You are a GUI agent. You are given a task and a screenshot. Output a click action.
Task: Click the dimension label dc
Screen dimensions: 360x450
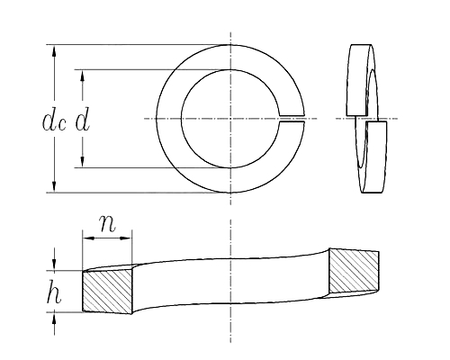pos(52,121)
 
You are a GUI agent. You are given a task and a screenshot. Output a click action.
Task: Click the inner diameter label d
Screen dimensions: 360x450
pos(82,120)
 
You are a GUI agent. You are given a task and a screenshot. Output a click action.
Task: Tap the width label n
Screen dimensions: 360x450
pos(107,223)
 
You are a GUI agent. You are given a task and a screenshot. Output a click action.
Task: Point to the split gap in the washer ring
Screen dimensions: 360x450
pos(292,118)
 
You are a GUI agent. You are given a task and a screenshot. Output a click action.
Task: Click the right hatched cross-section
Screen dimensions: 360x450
pos(354,270)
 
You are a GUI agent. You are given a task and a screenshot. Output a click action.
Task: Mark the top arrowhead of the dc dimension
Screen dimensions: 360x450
pos(55,50)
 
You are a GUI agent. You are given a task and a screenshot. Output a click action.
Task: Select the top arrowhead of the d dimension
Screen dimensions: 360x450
pos(83,75)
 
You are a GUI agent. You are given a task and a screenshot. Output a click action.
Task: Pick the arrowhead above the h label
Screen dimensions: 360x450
pos(55,264)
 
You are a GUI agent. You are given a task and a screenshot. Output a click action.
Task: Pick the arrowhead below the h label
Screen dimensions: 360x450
pos(55,317)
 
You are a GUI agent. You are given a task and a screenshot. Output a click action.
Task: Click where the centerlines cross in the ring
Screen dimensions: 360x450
pos(230,118)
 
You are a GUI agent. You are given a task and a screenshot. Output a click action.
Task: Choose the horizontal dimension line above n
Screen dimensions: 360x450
pos(107,237)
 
